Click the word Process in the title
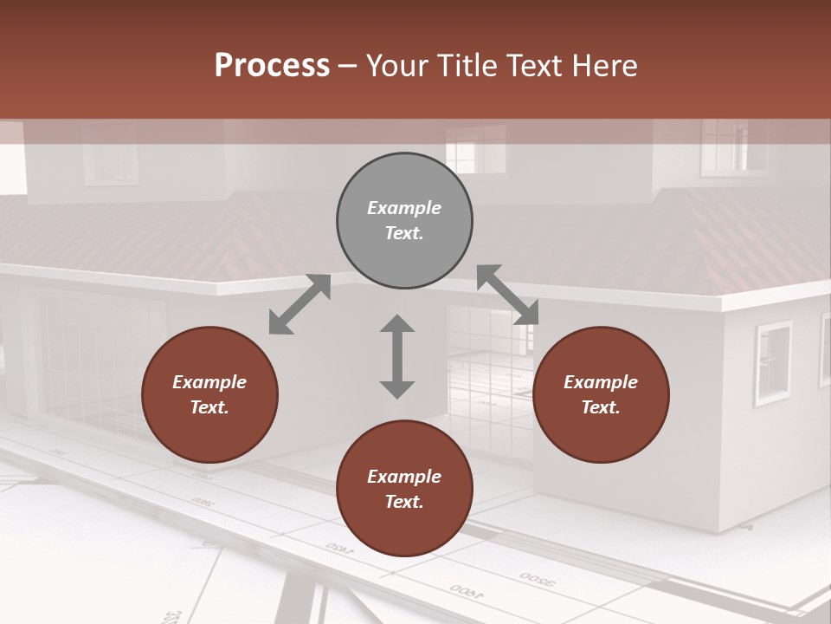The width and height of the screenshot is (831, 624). click(272, 66)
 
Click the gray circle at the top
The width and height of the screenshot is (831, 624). click(404, 221)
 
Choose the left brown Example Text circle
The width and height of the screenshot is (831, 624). click(209, 394)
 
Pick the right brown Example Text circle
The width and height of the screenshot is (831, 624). click(601, 394)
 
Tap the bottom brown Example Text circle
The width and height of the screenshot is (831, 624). click(404, 489)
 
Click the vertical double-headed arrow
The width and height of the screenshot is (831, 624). click(397, 356)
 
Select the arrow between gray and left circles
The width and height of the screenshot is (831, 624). click(300, 304)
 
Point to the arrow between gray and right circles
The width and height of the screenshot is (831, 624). click(508, 295)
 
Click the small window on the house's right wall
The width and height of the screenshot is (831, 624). click(773, 362)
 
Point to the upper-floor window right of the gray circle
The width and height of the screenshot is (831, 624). click(475, 148)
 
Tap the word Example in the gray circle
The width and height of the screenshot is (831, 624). click(404, 208)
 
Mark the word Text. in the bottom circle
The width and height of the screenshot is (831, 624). click(404, 502)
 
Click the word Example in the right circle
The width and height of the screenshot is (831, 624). click(601, 382)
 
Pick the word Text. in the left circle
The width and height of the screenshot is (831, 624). click(209, 407)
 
